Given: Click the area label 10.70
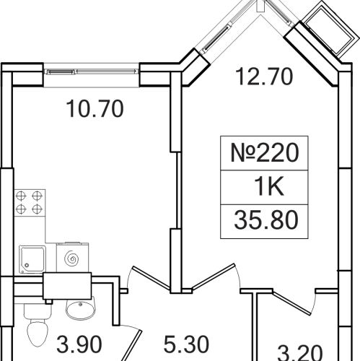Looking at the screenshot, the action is coord(95,109).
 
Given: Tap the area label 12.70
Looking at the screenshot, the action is coord(264,77).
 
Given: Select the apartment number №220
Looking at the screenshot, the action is coord(265,152).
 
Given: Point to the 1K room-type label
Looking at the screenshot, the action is coord(269,186).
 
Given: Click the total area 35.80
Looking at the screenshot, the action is coord(266,220).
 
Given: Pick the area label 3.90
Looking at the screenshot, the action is coord(79,344).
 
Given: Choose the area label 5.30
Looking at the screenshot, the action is coord(186,344).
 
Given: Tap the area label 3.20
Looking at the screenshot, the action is coord(300,353).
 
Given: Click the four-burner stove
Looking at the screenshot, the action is coord(30,203).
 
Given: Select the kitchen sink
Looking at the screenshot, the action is coord(32,259).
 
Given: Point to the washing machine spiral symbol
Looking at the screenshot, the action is coord(71,258).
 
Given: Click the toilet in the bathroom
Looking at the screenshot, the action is coord(38,326).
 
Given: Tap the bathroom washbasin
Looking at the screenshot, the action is coord(80,308).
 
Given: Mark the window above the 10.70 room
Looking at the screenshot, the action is coord(92,71).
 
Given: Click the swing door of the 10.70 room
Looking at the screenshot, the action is coord(152,277).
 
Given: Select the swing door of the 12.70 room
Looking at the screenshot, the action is coord(214,277).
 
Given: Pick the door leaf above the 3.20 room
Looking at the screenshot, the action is coord(291,303).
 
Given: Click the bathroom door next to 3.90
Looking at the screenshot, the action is coord(132,346).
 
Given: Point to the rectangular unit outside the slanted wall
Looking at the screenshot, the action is coord(330,29).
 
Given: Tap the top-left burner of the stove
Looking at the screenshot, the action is coord(21,196).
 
